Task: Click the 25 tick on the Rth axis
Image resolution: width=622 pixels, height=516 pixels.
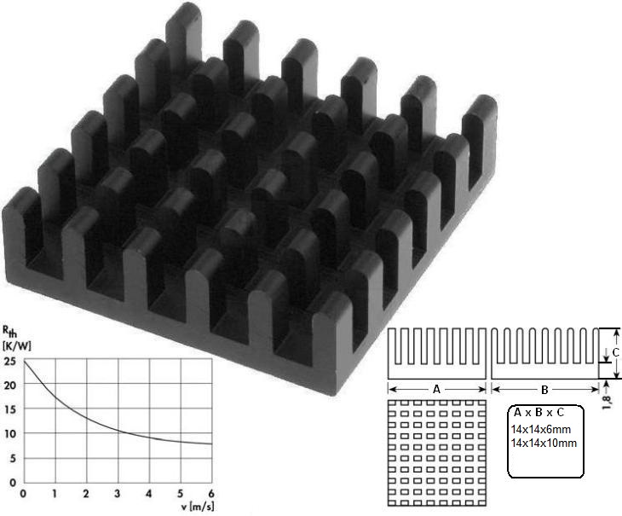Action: click(9, 362)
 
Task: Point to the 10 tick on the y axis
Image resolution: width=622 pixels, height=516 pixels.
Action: click(9, 434)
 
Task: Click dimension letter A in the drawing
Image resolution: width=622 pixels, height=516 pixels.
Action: click(436, 389)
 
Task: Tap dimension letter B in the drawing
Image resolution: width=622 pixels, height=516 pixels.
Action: click(544, 389)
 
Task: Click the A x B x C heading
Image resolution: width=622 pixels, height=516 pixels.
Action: click(542, 413)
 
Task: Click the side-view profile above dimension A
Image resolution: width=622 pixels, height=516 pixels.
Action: click(437, 353)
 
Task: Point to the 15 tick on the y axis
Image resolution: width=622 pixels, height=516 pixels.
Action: click(9, 410)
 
